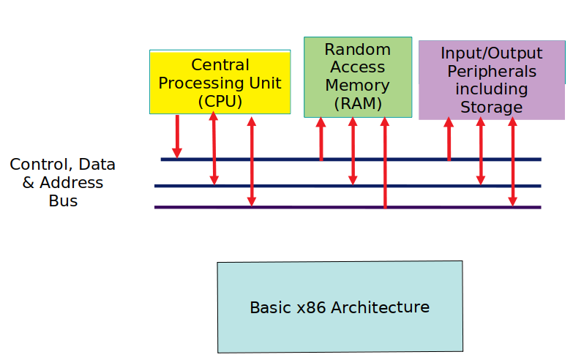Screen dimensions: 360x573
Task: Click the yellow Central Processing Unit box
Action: point(220,82)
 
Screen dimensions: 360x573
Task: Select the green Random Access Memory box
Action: point(358,77)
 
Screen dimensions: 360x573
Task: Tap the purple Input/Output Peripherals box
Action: point(491,80)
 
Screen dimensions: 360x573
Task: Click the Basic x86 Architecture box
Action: point(340,307)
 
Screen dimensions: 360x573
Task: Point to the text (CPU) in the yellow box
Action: point(220,102)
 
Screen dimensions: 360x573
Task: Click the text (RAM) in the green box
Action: point(358,104)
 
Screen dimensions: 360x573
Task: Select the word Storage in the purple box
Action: point(491,108)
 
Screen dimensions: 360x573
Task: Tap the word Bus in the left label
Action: point(63,200)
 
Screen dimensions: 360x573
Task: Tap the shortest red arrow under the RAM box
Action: point(321,139)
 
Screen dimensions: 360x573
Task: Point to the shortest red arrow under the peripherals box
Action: point(449,139)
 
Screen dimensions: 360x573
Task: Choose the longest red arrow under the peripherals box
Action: point(512,162)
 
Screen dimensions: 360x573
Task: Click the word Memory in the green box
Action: point(358,86)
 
